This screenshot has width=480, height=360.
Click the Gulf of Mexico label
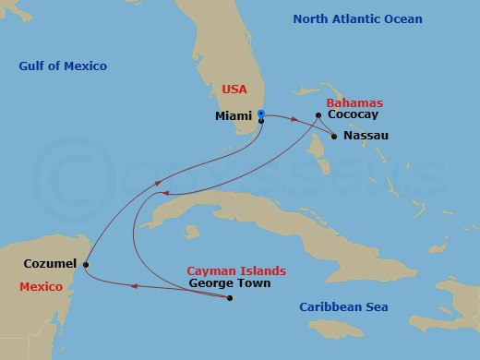coord(63,66)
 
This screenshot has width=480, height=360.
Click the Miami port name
coord(232,117)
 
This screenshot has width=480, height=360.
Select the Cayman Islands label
coord(236,270)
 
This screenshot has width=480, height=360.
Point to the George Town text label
coord(229,284)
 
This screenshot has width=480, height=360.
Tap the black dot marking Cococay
coord(318,115)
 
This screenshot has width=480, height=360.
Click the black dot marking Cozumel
coord(86,265)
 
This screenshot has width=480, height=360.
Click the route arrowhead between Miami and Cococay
coord(294,120)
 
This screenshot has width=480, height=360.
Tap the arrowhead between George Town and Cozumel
coord(136,287)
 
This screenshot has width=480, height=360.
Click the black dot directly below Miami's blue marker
coord(261,121)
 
